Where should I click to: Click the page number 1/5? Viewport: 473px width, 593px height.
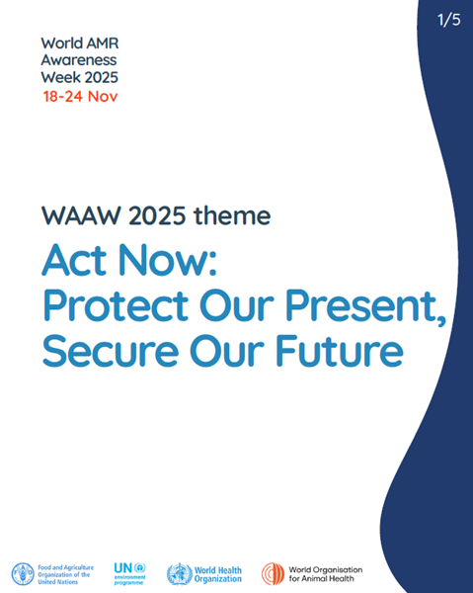tap(449, 20)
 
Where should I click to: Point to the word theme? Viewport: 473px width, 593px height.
tap(232, 213)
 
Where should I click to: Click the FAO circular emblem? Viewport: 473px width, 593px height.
tap(22, 573)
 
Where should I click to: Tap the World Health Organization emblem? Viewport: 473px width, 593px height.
tap(179, 573)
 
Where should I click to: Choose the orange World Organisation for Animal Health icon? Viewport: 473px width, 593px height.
tap(273, 573)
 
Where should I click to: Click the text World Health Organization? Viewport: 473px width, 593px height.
tap(218, 573)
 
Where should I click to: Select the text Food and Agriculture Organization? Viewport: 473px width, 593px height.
tap(67, 573)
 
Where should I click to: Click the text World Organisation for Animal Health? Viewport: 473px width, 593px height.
tap(325, 573)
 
